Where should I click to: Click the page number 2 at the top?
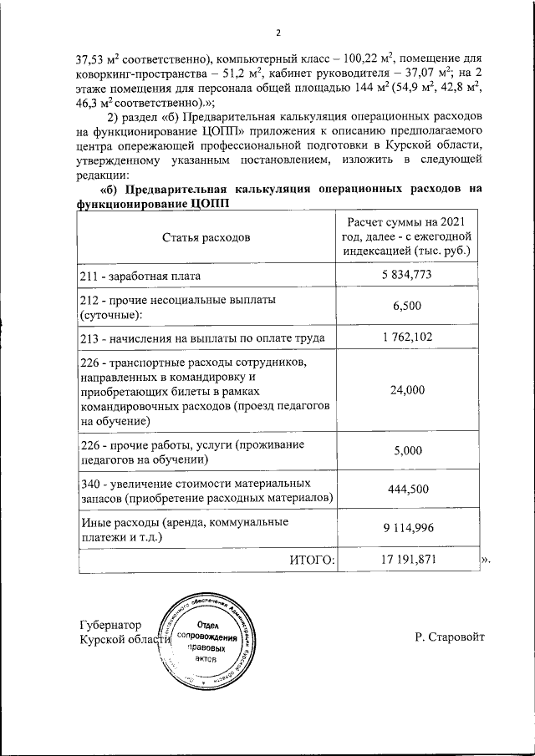278,33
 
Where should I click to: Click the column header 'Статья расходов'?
206,236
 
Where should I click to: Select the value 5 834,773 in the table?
407,275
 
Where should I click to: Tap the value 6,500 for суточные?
407,307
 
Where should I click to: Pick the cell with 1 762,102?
407,337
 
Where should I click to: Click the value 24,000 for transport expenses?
407,390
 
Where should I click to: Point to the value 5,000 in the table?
407,451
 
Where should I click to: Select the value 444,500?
407,490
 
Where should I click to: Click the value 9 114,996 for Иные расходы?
407,529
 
